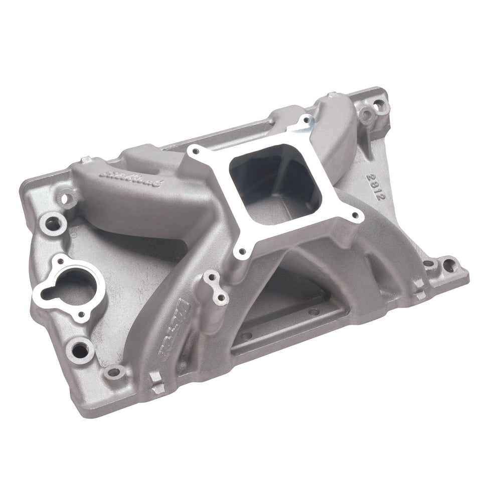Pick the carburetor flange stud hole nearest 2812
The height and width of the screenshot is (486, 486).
click(356, 216)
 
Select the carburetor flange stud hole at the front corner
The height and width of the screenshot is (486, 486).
click(242, 252)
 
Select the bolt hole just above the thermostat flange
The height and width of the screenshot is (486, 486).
click(51, 221)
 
